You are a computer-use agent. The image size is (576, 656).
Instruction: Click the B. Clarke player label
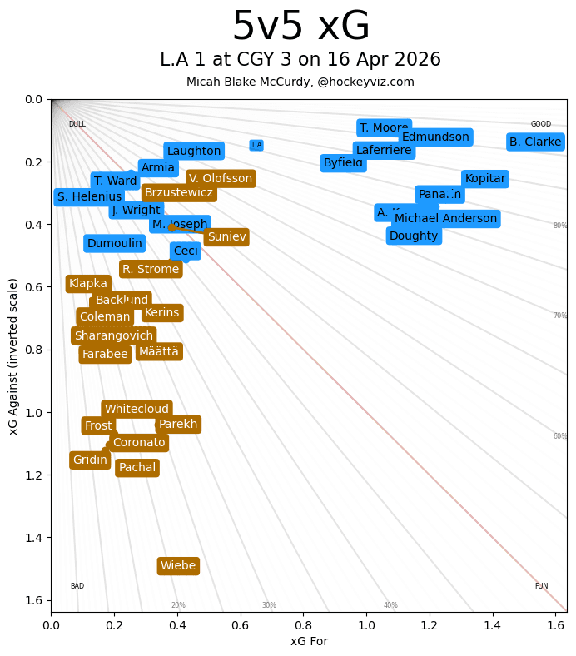[x=535, y=142]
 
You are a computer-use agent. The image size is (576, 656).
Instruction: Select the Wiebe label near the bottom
[x=178, y=566]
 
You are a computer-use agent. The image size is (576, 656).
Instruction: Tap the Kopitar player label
[x=484, y=179]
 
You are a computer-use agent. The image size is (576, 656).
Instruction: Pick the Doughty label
[x=414, y=236]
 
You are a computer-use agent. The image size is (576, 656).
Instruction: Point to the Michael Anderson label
[x=446, y=219]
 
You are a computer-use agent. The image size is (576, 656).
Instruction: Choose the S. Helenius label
[x=89, y=197]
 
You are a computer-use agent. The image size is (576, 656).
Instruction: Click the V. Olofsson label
[x=220, y=178]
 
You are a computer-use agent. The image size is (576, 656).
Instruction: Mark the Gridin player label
[x=90, y=460]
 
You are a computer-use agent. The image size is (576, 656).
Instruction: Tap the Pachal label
[x=137, y=468]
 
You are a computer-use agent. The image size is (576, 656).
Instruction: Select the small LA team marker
[x=256, y=145]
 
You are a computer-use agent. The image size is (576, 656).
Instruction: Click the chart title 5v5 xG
[x=300, y=27]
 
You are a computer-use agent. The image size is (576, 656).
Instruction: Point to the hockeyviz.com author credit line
[x=300, y=82]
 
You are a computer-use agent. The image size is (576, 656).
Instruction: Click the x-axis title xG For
[x=309, y=641]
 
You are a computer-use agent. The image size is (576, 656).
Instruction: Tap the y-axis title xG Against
[x=13, y=356]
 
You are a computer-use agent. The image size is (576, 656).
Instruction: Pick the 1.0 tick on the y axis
[x=33, y=413]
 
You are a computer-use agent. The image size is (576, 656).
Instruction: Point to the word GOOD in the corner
[x=541, y=124]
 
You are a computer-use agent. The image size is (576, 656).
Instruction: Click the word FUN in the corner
[x=541, y=586]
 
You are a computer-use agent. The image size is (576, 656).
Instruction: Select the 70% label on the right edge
[x=560, y=316]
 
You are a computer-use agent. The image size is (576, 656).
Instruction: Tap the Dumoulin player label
[x=115, y=243]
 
